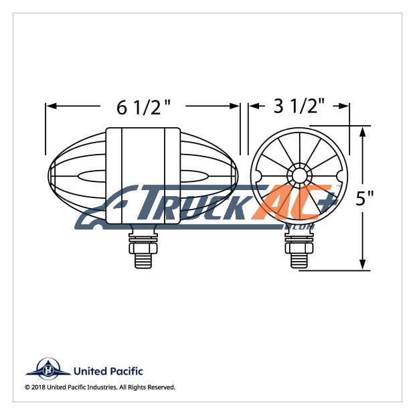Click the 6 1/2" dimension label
click(x=143, y=108)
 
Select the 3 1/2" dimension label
click(x=299, y=106)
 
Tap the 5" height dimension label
click(x=364, y=198)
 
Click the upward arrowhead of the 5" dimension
click(x=363, y=132)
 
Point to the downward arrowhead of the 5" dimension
click(x=363, y=264)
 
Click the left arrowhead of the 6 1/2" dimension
click(x=52, y=106)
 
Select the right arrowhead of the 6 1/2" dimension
click(x=234, y=106)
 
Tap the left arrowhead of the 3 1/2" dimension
click(x=254, y=106)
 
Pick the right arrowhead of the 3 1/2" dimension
click(x=343, y=106)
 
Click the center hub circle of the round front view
click(x=299, y=175)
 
